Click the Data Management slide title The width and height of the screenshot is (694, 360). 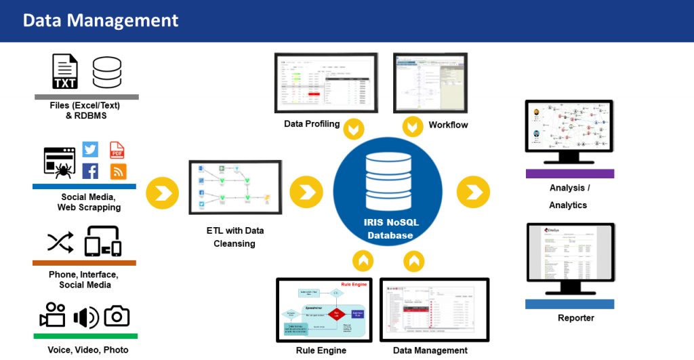point(100,20)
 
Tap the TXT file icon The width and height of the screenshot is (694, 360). point(66,73)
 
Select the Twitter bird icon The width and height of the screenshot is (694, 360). point(90,150)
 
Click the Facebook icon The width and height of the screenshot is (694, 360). point(90,172)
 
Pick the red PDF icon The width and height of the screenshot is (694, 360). point(117,150)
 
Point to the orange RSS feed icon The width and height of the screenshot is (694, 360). point(118,172)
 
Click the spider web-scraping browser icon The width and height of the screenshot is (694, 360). point(58,162)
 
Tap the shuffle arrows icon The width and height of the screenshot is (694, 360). point(59,242)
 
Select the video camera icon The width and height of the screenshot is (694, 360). point(52,315)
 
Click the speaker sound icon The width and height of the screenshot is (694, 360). point(85,317)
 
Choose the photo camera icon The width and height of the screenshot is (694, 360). point(117,315)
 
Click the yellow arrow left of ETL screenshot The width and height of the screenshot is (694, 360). point(163,193)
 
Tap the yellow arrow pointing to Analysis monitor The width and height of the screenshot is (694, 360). point(473,191)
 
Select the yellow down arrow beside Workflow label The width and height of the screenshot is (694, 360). point(412,126)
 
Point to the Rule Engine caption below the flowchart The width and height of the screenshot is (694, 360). point(321,351)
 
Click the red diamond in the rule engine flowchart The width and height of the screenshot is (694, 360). point(338,314)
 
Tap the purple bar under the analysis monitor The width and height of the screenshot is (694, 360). point(569,174)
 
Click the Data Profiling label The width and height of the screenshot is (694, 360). point(312,124)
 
